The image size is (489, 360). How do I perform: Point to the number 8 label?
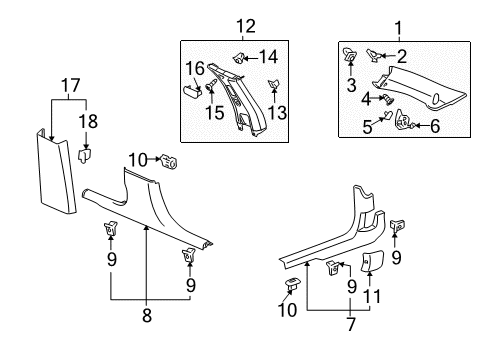(146, 341)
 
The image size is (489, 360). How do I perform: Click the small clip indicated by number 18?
(86, 153)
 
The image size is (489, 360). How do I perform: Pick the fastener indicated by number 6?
(409, 123)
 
